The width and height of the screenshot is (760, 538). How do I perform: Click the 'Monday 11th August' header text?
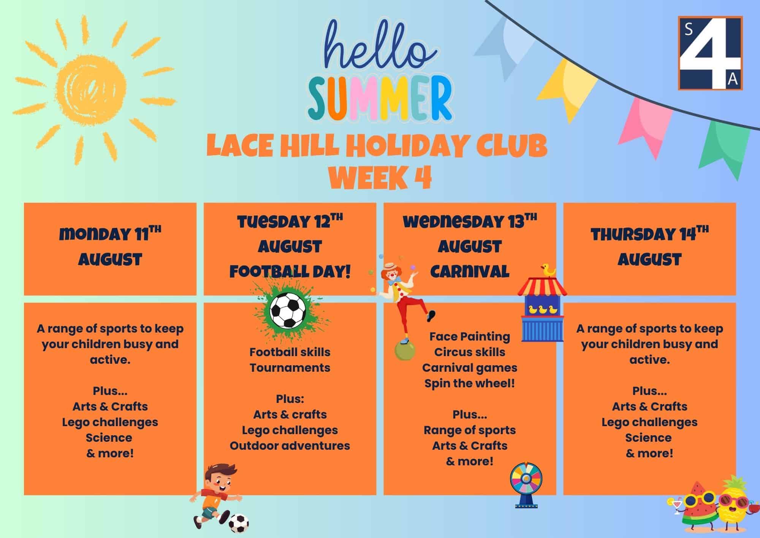(x=110, y=247)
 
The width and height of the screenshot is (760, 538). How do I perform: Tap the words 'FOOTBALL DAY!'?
(x=290, y=272)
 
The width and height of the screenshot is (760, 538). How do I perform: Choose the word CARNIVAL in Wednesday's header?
(x=470, y=272)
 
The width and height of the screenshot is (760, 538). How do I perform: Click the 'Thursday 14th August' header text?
(x=649, y=247)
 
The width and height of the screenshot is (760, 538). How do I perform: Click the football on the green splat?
(x=288, y=310)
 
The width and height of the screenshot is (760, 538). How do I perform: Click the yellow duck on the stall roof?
(x=548, y=271)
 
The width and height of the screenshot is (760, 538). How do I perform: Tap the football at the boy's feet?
(x=239, y=524)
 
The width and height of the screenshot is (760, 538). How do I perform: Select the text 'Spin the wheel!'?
(x=470, y=383)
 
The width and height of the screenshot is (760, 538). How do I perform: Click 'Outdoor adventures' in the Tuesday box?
(x=290, y=446)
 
